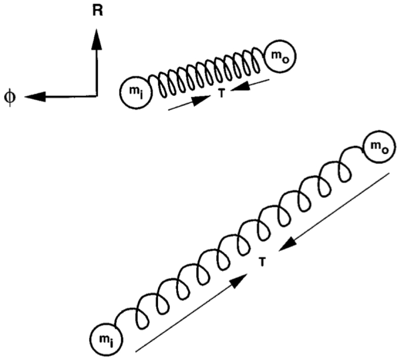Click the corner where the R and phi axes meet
pyautogui.click(x=96, y=96)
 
